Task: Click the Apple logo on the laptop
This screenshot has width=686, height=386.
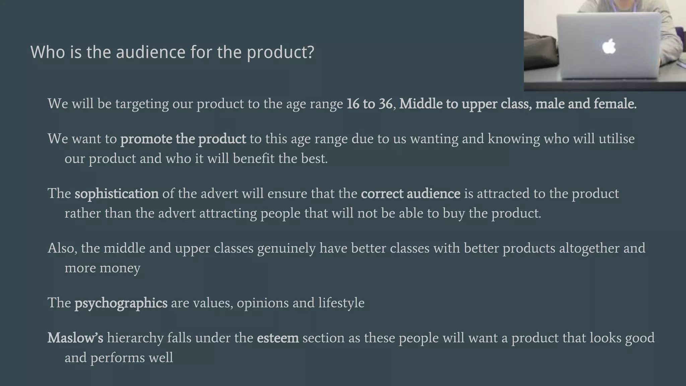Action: pyautogui.click(x=609, y=46)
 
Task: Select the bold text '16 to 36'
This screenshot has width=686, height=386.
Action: pyautogui.click(x=369, y=104)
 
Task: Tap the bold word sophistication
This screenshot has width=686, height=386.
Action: pyautogui.click(x=117, y=194)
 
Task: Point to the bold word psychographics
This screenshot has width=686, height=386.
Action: pyautogui.click(x=121, y=303)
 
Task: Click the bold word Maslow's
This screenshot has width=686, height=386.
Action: pyautogui.click(x=75, y=338)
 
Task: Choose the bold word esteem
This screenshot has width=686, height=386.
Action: pyautogui.click(x=278, y=338)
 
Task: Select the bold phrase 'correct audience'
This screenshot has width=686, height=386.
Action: pyautogui.click(x=411, y=194)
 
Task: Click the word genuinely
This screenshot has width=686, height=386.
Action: pyautogui.click(x=286, y=248)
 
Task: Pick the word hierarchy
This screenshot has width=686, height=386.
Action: pyautogui.click(x=135, y=338)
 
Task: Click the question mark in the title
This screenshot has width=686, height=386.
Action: pyautogui.click(x=310, y=52)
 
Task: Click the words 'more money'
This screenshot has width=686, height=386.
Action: pyautogui.click(x=102, y=268)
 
